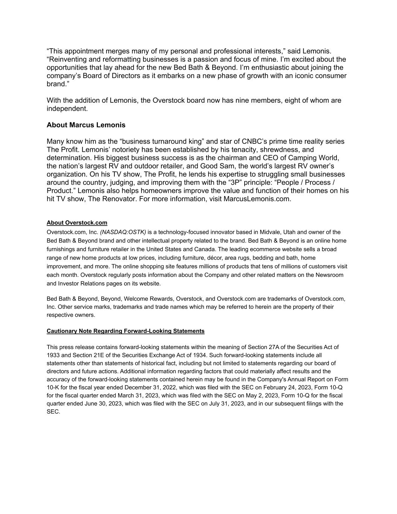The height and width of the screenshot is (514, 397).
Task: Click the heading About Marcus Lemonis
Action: (86, 125)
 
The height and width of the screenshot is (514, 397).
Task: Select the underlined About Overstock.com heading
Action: (77, 223)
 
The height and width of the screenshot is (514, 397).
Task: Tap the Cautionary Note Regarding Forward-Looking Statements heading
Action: (125, 331)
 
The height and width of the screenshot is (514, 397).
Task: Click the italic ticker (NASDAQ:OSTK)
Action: (123, 232)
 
